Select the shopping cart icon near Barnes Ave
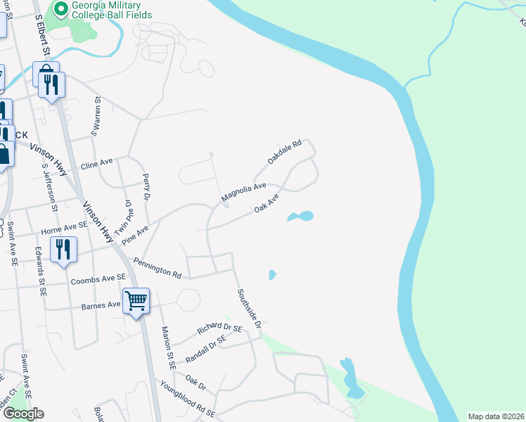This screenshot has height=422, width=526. point(136,301)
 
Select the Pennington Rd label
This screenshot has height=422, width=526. point(162,268)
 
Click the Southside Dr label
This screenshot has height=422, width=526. point(249,310)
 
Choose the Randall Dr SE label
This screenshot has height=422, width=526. point(205,348)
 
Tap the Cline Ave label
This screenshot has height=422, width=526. point(97,163)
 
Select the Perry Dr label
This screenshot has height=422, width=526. point(146,187)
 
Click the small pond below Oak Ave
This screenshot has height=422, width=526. point(300,216)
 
